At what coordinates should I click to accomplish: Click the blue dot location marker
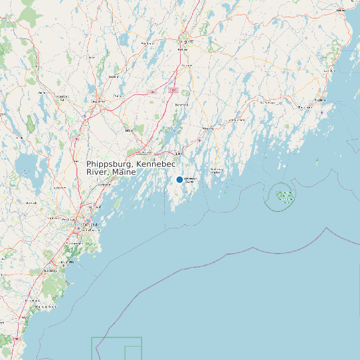(x=179, y=179)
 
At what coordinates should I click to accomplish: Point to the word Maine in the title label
(x=124, y=172)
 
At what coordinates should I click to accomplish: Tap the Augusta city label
(x=187, y=42)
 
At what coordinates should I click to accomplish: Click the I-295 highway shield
(x=173, y=90)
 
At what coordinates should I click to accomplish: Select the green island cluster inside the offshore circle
(x=284, y=196)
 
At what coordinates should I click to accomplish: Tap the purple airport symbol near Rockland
(x=322, y=112)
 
